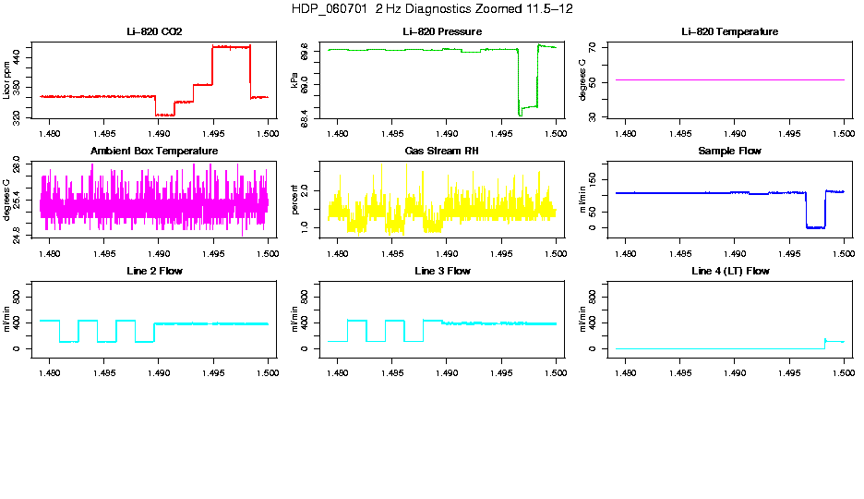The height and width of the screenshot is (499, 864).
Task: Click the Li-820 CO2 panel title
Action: (x=154, y=32)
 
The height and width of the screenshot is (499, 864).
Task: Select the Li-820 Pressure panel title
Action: (x=442, y=32)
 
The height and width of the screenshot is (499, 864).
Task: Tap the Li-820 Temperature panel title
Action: (x=729, y=32)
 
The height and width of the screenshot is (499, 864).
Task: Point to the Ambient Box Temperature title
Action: (x=154, y=152)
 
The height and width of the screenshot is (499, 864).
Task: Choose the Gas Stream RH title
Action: (x=442, y=152)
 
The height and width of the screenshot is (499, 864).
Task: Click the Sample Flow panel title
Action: (x=729, y=152)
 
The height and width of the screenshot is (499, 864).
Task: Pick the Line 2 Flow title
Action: (x=154, y=271)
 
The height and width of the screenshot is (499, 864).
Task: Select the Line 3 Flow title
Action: (x=442, y=271)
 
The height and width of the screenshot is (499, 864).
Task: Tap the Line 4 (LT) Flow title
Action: (x=729, y=271)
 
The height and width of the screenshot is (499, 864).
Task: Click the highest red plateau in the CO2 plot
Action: (x=231, y=46)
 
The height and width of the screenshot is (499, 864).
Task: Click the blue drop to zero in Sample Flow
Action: (x=815, y=226)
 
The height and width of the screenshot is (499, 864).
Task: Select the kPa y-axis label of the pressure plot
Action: (x=295, y=81)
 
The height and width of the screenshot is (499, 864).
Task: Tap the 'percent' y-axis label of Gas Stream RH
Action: (x=295, y=200)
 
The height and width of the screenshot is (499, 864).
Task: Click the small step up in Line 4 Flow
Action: (x=825, y=340)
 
